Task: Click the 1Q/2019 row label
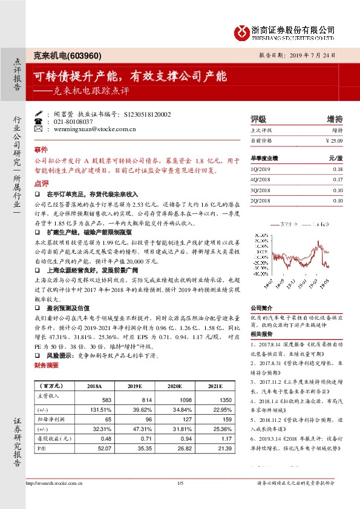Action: click(x=259, y=169)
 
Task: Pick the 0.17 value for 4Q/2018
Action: click(x=338, y=180)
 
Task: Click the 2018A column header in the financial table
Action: click(x=94, y=386)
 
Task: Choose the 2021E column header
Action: click(x=208, y=386)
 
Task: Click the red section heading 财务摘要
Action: click(x=47, y=366)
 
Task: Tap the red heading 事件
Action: click(x=41, y=149)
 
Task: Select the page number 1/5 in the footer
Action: click(x=180, y=482)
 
